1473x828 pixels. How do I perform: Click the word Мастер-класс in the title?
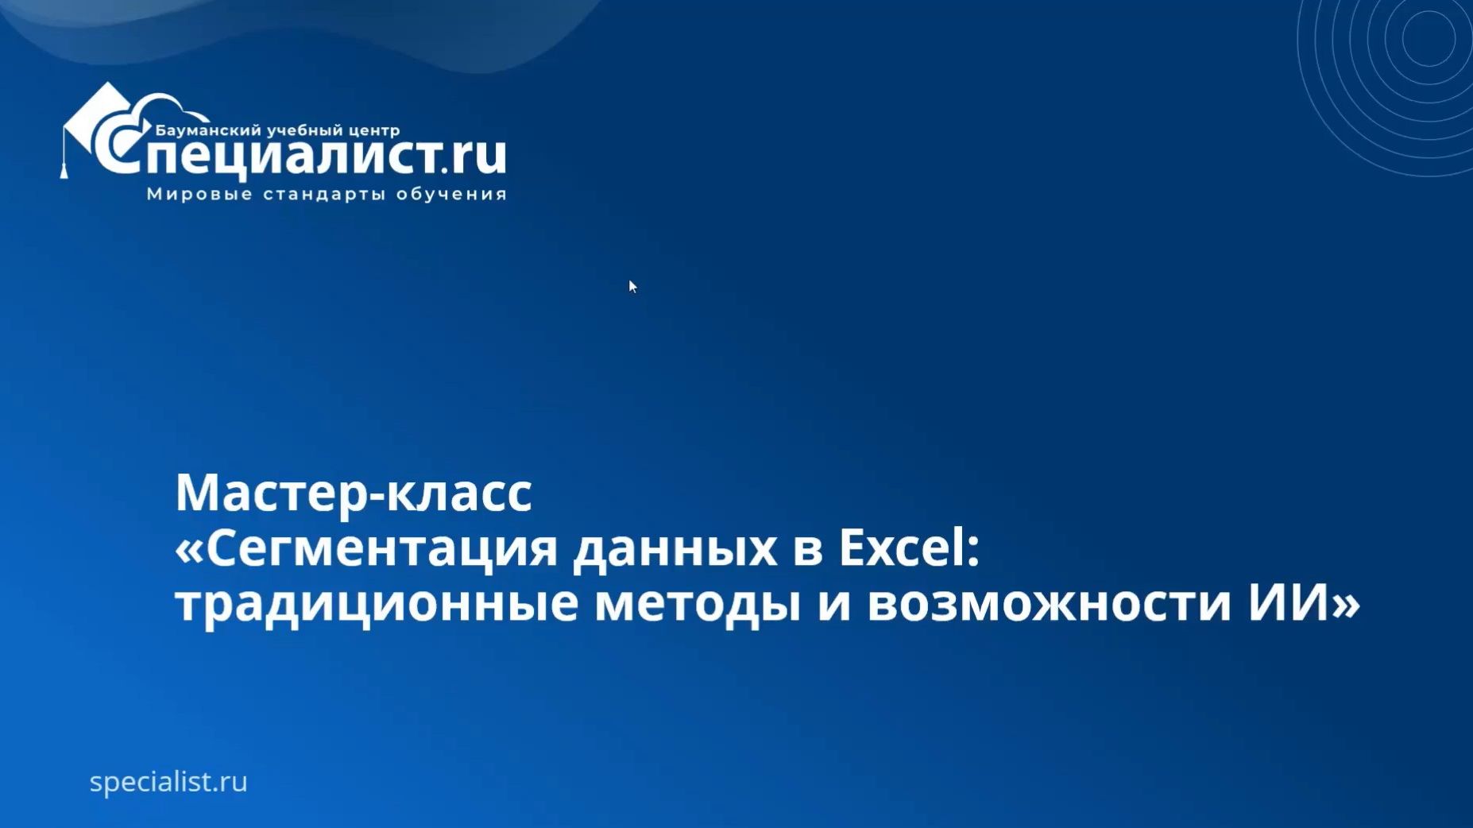354,493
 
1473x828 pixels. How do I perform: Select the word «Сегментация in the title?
366,547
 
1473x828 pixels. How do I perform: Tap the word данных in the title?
675,549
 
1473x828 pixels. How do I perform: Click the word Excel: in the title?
909,547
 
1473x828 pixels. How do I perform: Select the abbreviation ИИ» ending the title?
1304,602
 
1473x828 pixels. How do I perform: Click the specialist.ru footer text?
168,782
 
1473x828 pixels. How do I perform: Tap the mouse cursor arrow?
632,286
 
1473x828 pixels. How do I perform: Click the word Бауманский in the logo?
208,130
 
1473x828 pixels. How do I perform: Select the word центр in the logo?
371,130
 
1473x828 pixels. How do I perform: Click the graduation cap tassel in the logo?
64,167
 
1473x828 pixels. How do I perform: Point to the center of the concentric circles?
1428,38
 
